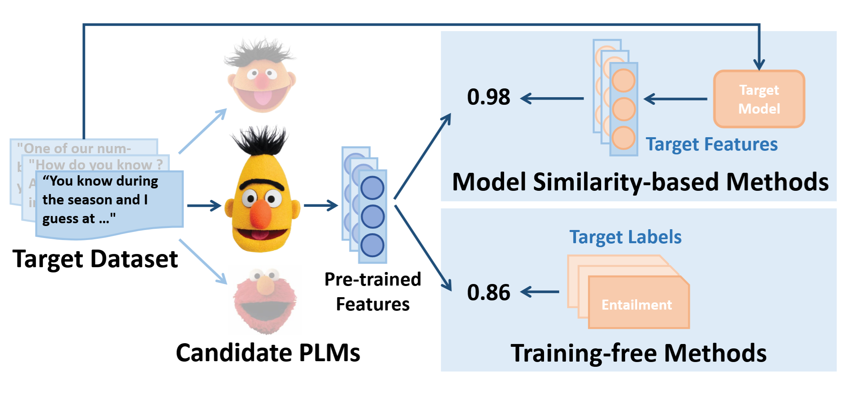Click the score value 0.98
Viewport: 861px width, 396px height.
[488, 97]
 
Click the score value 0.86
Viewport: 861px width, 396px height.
[488, 292]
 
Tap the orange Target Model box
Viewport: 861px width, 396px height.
[759, 99]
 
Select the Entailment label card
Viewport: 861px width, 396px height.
[638, 304]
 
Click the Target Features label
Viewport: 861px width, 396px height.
[712, 144]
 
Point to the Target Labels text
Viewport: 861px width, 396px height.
[625, 237]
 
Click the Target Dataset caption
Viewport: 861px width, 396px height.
[95, 259]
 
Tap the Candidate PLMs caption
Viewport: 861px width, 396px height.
[268, 353]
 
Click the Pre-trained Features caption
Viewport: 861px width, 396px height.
[373, 292]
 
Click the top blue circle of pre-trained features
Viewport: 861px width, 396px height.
[372, 188]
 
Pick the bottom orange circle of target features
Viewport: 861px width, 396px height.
[624, 138]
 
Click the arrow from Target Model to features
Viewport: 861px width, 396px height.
[676, 99]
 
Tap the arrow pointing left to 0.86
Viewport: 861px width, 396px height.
[540, 292]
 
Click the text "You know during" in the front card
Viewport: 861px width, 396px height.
[100, 181]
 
